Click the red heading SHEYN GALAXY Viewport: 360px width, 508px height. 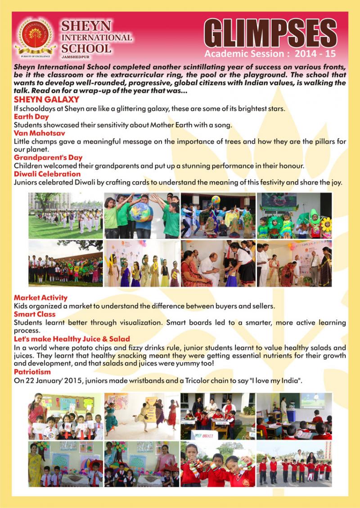tap(46, 99)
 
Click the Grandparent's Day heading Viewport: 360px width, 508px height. tap(47, 158)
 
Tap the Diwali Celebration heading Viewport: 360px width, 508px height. tap(47, 174)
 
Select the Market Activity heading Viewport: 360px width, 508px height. tap(40, 298)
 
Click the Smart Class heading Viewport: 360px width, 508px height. tap(35, 314)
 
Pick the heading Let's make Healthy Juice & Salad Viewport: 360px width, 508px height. tap(72, 339)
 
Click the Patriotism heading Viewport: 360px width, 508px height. tap(32, 372)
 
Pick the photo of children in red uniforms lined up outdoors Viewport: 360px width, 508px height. tap(294, 463)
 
